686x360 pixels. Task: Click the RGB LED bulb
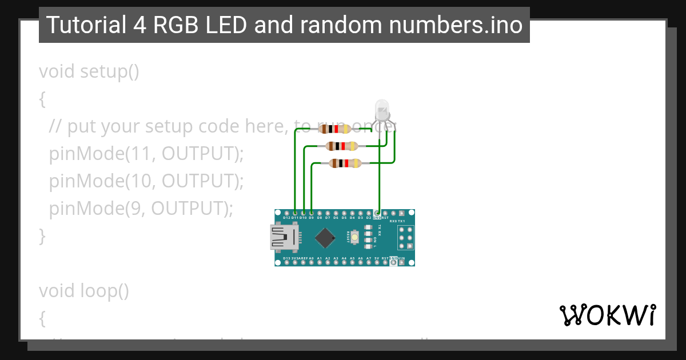tap(382, 109)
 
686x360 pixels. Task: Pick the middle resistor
tap(340, 146)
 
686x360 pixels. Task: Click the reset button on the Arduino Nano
tap(355, 237)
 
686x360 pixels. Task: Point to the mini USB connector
tap(283, 237)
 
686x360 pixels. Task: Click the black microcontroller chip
tap(325, 238)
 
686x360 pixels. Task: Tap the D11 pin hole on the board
tap(294, 213)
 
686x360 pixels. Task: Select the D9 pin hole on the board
tap(311, 213)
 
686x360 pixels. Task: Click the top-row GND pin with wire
tap(377, 213)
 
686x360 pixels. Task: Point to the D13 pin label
tap(286, 258)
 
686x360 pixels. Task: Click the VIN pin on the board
tap(401, 258)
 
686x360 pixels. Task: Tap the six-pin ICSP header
tap(406, 237)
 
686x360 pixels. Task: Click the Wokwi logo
tap(607, 315)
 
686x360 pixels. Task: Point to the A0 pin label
tap(311, 258)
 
